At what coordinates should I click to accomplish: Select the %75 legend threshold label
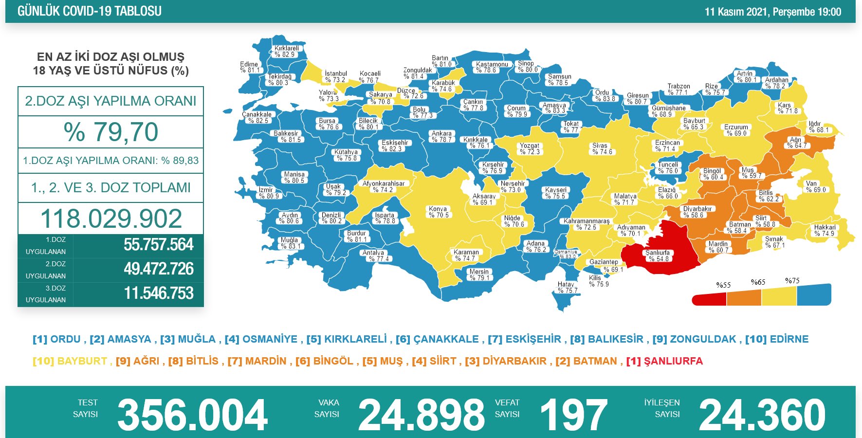[x=792, y=281]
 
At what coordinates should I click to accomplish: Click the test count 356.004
[x=192, y=415]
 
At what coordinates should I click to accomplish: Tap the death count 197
[x=573, y=415]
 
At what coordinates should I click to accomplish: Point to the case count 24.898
[x=421, y=415]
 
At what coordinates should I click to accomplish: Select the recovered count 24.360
[x=762, y=415]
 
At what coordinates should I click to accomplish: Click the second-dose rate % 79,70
[x=111, y=132]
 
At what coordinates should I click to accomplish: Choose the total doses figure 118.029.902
[x=111, y=219]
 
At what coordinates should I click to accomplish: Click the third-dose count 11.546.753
[x=158, y=293]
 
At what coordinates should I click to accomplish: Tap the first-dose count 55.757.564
[x=158, y=245]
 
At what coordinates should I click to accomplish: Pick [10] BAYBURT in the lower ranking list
[x=70, y=361]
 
